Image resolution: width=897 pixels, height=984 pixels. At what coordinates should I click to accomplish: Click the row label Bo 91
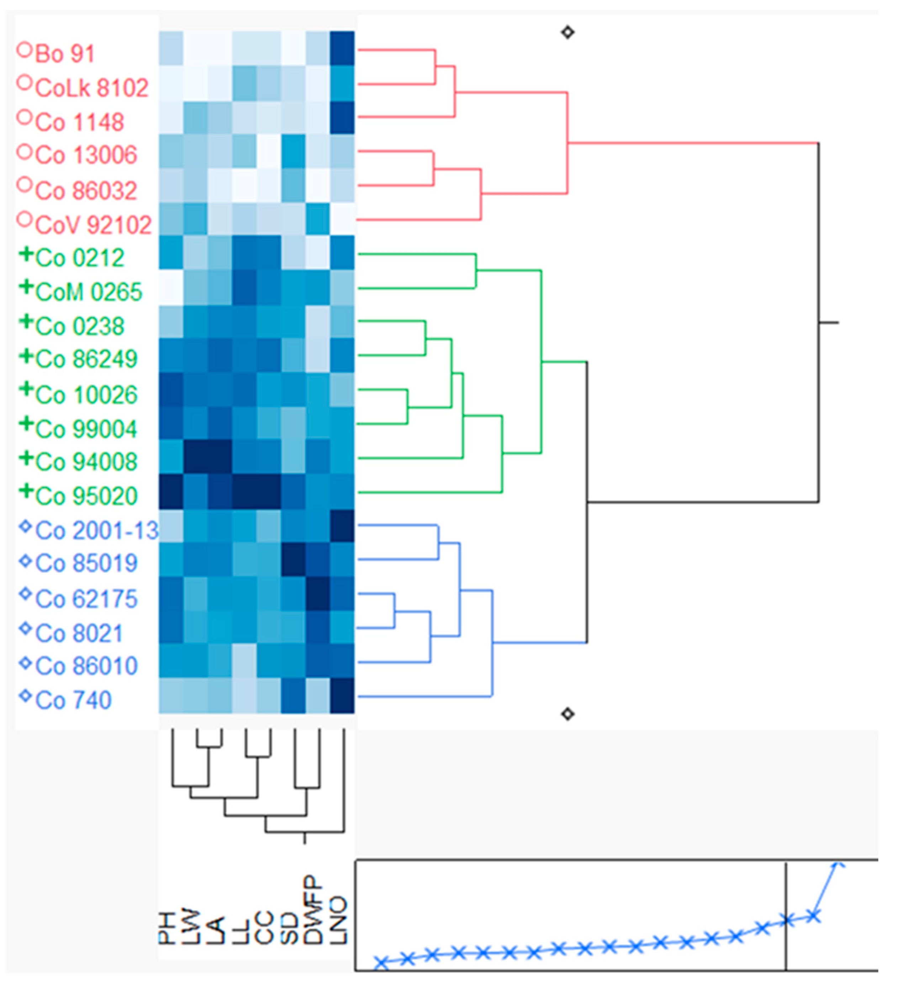point(64,54)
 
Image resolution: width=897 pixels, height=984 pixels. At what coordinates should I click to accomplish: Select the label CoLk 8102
point(91,88)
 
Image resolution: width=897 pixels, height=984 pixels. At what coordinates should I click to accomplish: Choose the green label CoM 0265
point(88,292)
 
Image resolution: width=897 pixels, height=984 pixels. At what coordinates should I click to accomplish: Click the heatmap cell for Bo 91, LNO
point(342,48)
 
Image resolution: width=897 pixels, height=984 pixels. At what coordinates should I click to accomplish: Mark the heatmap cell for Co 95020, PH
point(171,492)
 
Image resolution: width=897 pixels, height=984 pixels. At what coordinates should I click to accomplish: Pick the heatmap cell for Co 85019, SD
point(293,560)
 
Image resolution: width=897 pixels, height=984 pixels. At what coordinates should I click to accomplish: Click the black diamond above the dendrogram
point(567,33)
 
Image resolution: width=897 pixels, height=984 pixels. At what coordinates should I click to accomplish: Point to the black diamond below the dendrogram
point(567,714)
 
